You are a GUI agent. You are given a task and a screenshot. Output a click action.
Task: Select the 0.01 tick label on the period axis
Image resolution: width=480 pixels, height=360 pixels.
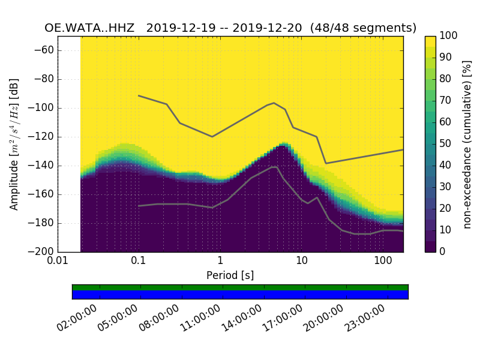click(x=58, y=262)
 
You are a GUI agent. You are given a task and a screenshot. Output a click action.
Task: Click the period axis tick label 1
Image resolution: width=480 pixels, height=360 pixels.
click(x=220, y=262)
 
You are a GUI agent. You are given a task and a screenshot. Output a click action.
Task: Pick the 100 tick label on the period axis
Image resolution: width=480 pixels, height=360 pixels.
click(x=383, y=262)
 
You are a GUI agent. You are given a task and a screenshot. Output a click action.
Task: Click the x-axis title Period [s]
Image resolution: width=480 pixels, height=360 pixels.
click(x=230, y=275)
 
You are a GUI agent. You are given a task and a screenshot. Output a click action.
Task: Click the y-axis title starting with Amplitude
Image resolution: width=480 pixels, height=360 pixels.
click(x=14, y=144)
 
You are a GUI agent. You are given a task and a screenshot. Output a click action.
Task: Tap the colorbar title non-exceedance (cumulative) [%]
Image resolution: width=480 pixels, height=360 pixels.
click(x=468, y=144)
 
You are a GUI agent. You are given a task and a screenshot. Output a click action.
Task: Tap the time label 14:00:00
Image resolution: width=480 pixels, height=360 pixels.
click(x=242, y=318)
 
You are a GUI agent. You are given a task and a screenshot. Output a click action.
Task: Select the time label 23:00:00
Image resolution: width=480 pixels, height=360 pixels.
click(x=365, y=318)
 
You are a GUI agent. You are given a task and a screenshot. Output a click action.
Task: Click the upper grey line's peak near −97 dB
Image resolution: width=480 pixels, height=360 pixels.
click(x=274, y=103)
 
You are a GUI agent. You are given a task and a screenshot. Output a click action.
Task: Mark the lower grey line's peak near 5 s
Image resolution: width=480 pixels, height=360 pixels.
click(x=275, y=167)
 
